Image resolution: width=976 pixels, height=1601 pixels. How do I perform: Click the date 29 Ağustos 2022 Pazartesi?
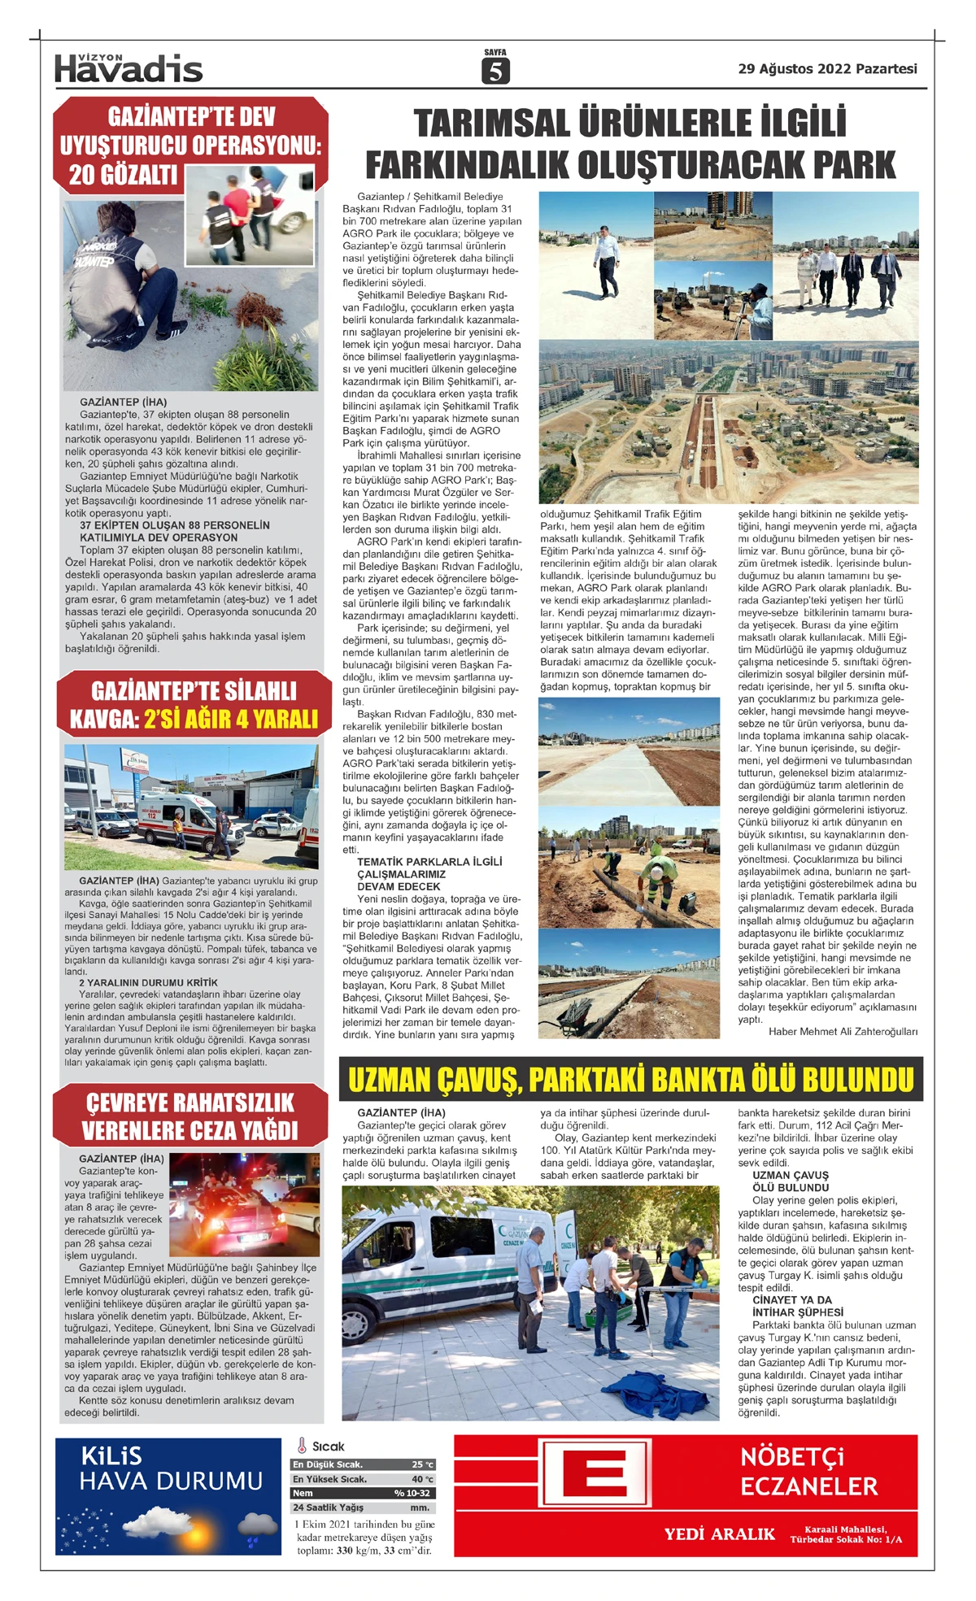pos(827,69)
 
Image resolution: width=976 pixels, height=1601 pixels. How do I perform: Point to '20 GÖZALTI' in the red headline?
pos(123,174)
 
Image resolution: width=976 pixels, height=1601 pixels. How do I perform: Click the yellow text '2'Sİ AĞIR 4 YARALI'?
pos(230,719)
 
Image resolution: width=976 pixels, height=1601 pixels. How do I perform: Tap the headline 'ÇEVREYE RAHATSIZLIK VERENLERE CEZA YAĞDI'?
pos(190,1116)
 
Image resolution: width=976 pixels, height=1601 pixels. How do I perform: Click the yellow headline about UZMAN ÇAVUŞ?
pos(630,1080)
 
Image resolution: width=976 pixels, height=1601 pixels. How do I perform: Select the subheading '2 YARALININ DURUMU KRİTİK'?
pos(148,982)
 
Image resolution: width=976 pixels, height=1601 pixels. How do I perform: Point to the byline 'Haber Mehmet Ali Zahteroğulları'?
pos(843,1031)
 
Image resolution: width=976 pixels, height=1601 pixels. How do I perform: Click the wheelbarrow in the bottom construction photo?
pos(576,1012)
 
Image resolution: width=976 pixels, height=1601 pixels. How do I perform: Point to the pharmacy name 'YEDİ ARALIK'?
pos(719,1534)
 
